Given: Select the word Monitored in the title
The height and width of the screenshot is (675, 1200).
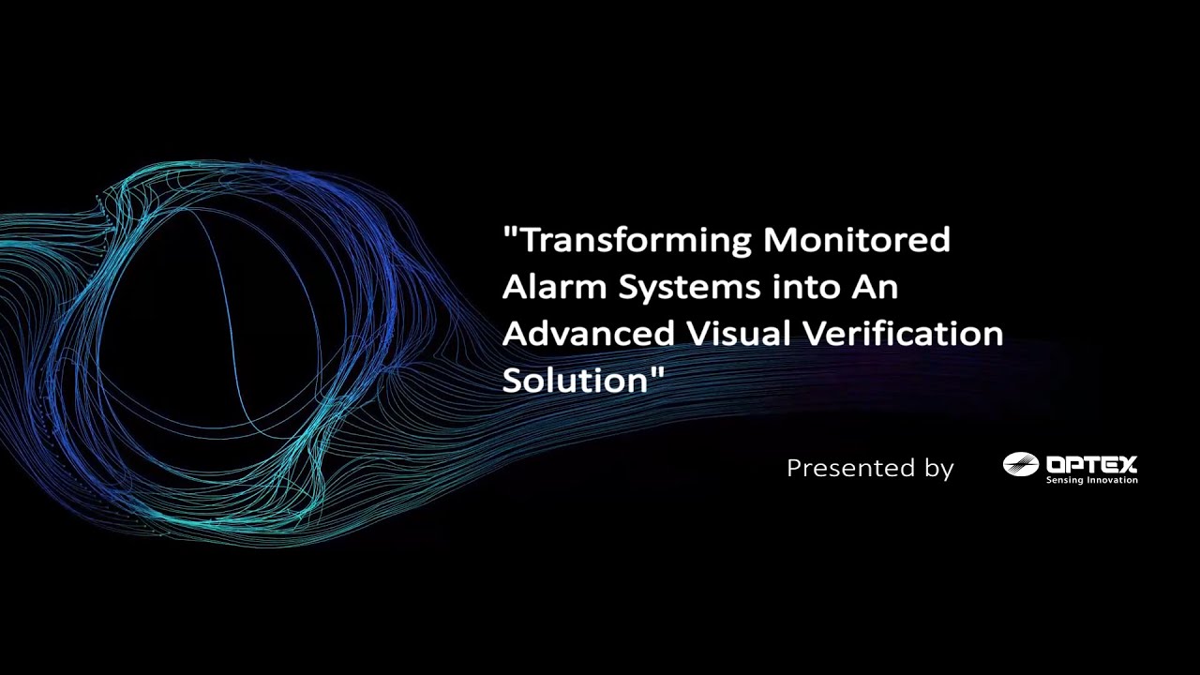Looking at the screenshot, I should [857, 240].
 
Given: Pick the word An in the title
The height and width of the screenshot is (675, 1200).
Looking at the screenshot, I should [875, 287].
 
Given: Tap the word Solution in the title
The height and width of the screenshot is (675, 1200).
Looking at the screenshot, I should [575, 381].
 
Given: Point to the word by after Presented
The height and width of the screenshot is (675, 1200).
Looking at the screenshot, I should [938, 469].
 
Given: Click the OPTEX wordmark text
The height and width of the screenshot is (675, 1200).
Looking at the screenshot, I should [1091, 464].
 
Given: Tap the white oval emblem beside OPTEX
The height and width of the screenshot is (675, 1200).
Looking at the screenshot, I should [1021, 464].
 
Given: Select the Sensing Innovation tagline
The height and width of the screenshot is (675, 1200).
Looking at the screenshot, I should [1091, 480].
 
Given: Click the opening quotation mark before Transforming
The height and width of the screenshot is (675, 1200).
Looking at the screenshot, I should [511, 232].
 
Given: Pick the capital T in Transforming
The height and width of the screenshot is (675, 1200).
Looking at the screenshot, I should [532, 241].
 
